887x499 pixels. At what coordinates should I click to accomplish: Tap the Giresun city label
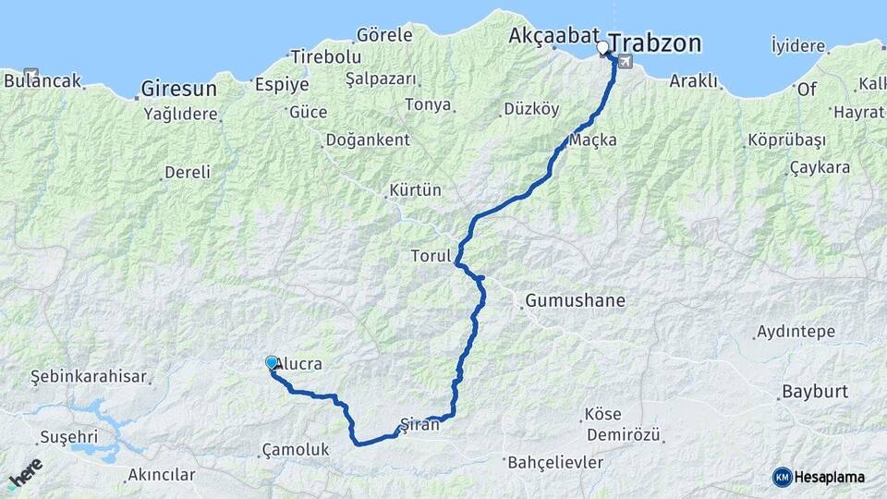click(x=178, y=90)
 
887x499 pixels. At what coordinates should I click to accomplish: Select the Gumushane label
click(x=575, y=300)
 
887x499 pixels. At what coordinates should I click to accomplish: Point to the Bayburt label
click(x=814, y=391)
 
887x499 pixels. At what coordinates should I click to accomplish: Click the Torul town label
click(x=431, y=255)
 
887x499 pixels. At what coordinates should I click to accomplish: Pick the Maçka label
click(x=593, y=140)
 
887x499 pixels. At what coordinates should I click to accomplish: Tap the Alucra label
click(x=299, y=364)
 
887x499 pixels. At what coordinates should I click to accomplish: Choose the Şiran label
click(x=418, y=424)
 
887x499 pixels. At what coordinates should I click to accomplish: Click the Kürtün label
click(x=415, y=190)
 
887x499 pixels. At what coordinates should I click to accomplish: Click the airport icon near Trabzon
click(x=626, y=62)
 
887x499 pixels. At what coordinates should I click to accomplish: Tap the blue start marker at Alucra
click(x=272, y=363)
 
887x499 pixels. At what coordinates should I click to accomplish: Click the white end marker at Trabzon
click(x=603, y=47)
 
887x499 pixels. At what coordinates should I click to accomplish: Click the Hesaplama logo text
click(x=830, y=477)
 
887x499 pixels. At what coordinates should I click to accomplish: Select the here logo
click(x=25, y=473)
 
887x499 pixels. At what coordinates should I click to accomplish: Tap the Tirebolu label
click(x=325, y=56)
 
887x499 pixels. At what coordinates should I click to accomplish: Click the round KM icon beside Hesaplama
click(x=783, y=477)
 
